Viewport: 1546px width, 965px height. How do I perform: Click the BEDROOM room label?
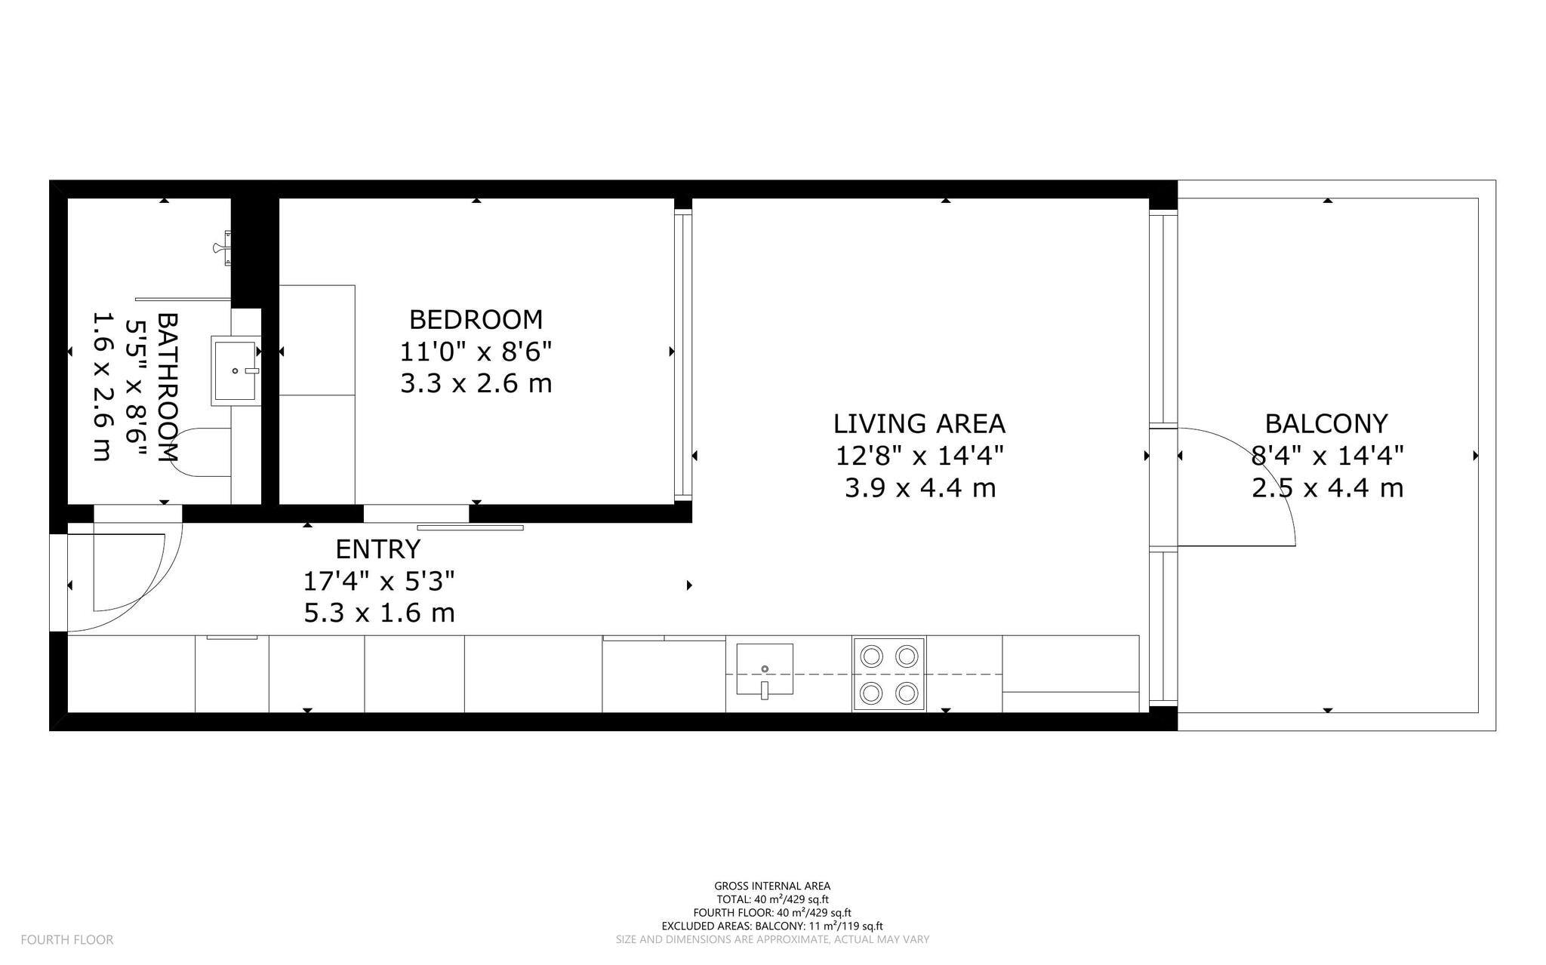(476, 320)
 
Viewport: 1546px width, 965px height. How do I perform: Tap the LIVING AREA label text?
(919, 424)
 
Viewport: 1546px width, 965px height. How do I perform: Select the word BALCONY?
(1326, 424)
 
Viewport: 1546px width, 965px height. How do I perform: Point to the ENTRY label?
(377, 549)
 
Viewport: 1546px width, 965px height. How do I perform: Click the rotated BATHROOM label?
(167, 387)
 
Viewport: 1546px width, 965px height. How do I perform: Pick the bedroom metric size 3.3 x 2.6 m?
(476, 384)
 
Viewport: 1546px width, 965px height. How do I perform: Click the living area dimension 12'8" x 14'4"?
(919, 456)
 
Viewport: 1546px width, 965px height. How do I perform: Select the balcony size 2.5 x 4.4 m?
(1326, 488)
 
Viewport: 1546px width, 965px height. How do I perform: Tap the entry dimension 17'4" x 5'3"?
(378, 582)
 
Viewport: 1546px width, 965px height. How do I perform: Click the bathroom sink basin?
(235, 370)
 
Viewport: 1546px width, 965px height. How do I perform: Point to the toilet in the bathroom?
(200, 453)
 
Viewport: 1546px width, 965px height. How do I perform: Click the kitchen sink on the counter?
(765, 669)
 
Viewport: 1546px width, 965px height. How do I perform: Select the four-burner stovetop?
(888, 675)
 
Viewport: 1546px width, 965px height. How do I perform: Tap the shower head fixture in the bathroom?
(222, 247)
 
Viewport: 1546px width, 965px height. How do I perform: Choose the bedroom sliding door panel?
(470, 527)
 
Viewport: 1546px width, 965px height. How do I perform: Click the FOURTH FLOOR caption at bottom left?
(67, 939)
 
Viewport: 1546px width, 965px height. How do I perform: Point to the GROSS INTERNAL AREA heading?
(772, 886)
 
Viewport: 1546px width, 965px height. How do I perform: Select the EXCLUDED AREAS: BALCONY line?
(772, 926)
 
